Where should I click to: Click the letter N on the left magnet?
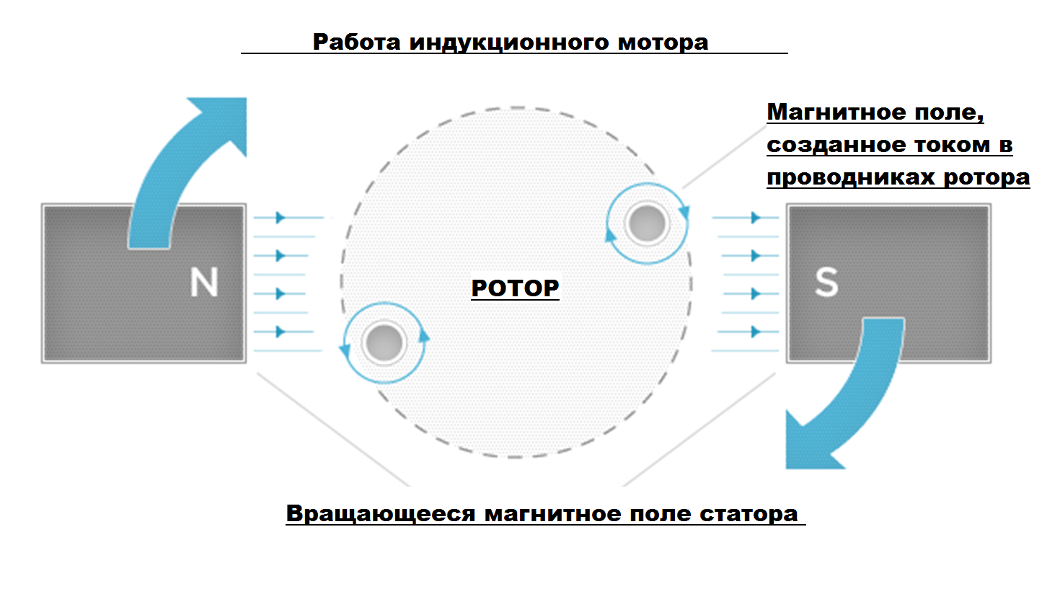click(204, 282)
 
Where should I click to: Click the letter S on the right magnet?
click(826, 282)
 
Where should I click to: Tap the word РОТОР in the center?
click(515, 288)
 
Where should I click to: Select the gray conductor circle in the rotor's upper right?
click(647, 223)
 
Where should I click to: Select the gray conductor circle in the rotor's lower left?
click(384, 343)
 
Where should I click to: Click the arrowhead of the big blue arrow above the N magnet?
click(224, 122)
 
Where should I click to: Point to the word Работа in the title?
click(356, 43)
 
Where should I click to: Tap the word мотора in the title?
click(663, 43)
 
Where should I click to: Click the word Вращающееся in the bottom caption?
click(381, 515)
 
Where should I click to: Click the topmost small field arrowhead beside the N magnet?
click(280, 217)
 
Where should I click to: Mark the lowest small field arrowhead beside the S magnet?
click(756, 332)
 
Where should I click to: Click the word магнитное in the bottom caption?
click(552, 515)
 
